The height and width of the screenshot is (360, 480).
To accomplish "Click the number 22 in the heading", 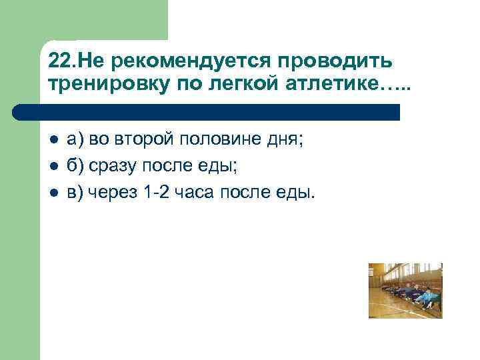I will [58, 61].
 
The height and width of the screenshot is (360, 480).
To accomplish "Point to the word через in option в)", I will [112, 192].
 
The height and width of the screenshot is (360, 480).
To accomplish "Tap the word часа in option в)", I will [194, 192].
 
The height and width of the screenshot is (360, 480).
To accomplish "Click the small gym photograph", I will [405, 291].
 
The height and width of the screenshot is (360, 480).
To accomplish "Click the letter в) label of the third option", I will [75, 192].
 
